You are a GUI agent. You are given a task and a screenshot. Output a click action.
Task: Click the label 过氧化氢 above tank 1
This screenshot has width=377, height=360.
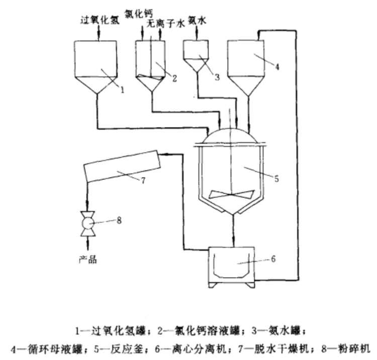99,21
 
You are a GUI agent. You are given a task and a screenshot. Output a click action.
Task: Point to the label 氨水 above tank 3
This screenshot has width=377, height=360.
196,21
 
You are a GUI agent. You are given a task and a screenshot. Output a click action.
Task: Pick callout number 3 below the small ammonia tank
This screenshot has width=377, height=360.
216,77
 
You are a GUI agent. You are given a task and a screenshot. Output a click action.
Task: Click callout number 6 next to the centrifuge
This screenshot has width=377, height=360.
273,259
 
